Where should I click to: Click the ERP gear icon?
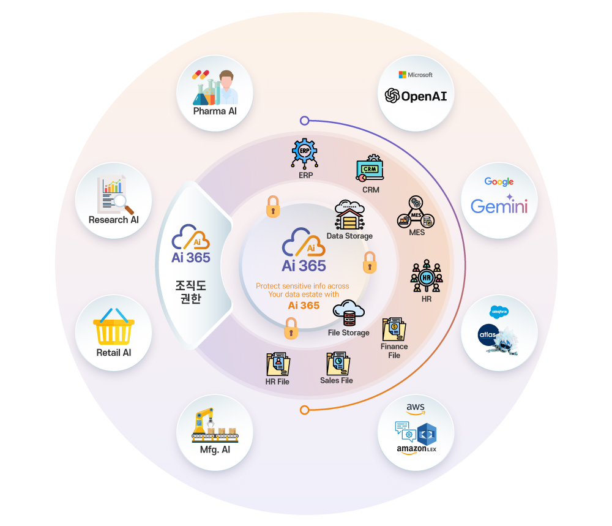click(305, 153)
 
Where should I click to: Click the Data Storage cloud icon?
click(349, 215)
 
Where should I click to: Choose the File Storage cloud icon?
click(348, 313)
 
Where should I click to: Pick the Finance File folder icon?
click(394, 329)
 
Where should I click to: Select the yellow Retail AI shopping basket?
click(113, 328)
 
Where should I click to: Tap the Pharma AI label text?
click(215, 111)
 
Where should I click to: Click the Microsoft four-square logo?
click(402, 75)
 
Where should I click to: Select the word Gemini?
click(499, 206)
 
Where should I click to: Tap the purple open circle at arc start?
click(305, 121)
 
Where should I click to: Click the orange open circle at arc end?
click(304, 409)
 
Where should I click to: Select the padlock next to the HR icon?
click(370, 263)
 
